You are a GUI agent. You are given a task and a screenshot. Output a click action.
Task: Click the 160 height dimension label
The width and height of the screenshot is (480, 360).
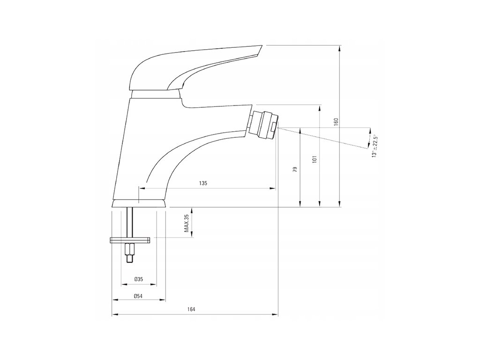(336, 122)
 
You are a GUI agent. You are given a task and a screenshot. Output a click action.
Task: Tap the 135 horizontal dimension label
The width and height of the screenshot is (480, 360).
(202, 183)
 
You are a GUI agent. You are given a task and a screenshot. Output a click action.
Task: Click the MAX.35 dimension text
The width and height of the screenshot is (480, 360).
(186, 223)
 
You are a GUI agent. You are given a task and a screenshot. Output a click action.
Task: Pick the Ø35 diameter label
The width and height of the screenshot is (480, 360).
(138, 279)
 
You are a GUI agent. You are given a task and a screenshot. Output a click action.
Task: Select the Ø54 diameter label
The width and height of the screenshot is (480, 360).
(138, 296)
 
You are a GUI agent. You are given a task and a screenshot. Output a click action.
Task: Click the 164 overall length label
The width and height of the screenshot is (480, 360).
(191, 309)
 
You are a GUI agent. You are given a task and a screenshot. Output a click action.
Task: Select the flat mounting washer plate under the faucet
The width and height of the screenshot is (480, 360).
(130, 241)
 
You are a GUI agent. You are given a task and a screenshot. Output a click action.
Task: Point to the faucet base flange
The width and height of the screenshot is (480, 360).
(139, 203)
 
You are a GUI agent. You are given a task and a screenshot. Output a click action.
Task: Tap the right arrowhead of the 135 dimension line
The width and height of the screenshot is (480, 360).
(273, 188)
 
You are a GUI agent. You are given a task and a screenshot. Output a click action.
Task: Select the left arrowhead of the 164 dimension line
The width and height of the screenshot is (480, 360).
(114, 314)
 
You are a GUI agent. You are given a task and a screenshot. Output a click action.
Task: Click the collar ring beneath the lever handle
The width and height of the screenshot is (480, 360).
(156, 95)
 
